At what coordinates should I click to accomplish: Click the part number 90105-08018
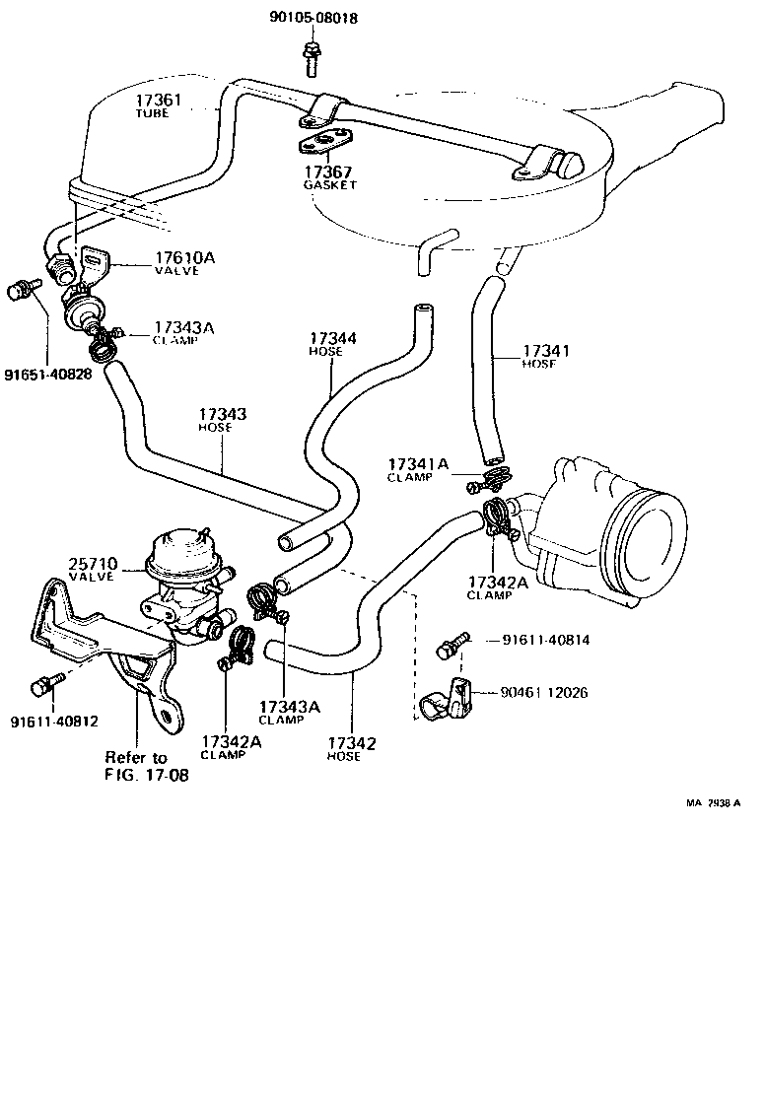[313, 18]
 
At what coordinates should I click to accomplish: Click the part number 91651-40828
[48, 376]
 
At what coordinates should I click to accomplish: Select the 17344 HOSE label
[332, 344]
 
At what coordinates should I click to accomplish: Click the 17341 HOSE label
[545, 356]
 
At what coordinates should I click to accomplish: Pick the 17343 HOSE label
[222, 420]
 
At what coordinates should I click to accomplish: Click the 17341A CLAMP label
[418, 468]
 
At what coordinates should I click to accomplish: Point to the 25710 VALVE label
[94, 570]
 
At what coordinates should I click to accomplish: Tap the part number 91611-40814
[545, 640]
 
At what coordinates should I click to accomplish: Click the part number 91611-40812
[54, 722]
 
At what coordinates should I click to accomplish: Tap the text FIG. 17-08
[147, 775]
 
